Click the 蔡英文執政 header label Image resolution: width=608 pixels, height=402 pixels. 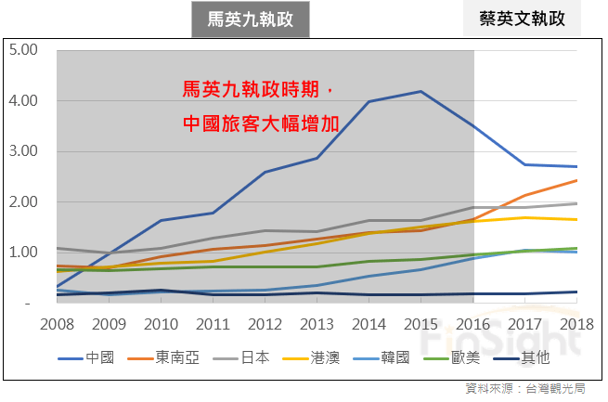[523, 18]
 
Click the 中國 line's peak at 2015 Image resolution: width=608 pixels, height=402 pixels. [421, 91]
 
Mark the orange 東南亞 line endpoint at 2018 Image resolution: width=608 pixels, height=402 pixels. [577, 180]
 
